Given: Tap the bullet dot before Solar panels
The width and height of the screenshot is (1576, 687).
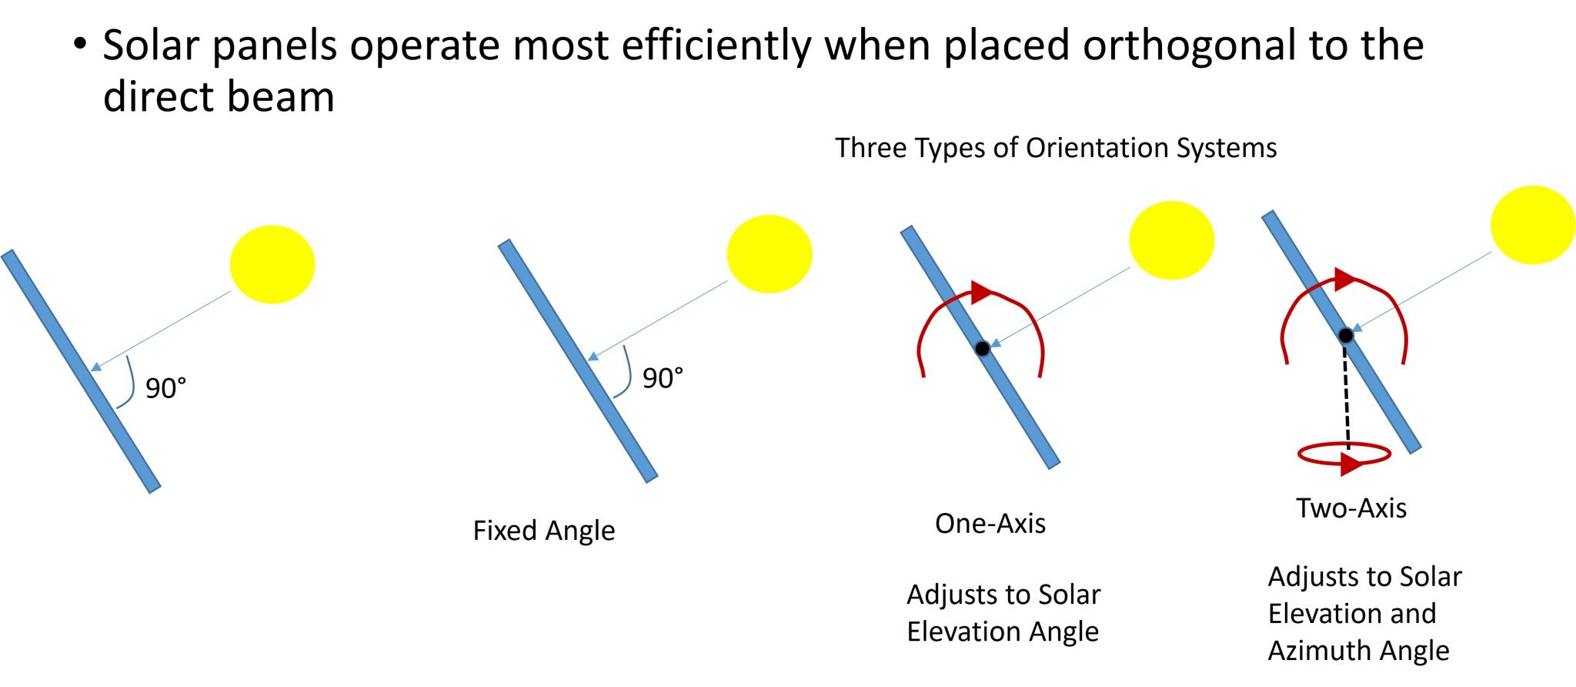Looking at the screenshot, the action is pyautogui.click(x=80, y=43).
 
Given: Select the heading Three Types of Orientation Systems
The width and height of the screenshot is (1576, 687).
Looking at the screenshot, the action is pyautogui.click(x=1056, y=148).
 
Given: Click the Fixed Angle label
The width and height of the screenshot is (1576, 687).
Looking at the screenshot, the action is pyautogui.click(x=544, y=531).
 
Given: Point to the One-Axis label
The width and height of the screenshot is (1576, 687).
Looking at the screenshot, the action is pyautogui.click(x=990, y=524).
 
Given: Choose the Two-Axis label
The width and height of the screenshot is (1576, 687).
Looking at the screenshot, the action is pyautogui.click(x=1351, y=508).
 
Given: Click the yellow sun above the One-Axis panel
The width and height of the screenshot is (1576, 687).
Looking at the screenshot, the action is pyautogui.click(x=1171, y=240).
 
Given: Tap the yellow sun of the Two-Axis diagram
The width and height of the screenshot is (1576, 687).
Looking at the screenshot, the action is pyautogui.click(x=1532, y=225).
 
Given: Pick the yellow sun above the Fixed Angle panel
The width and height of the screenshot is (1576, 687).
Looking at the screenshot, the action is pyautogui.click(x=769, y=254).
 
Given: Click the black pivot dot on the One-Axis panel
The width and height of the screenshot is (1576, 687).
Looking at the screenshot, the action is pyautogui.click(x=983, y=348).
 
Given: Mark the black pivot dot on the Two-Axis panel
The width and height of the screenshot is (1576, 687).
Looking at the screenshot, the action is pyautogui.click(x=1345, y=335).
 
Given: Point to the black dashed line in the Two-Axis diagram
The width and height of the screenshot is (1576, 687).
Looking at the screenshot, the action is pyautogui.click(x=1347, y=394).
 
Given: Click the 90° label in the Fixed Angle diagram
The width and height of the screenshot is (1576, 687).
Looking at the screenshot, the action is pyautogui.click(x=663, y=378).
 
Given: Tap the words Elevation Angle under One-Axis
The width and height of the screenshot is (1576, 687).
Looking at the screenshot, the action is pyautogui.click(x=1003, y=632).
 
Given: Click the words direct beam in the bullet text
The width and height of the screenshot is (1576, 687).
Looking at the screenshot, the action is pyautogui.click(x=219, y=98).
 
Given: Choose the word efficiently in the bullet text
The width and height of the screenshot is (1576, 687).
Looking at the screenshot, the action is pyautogui.click(x=716, y=46).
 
